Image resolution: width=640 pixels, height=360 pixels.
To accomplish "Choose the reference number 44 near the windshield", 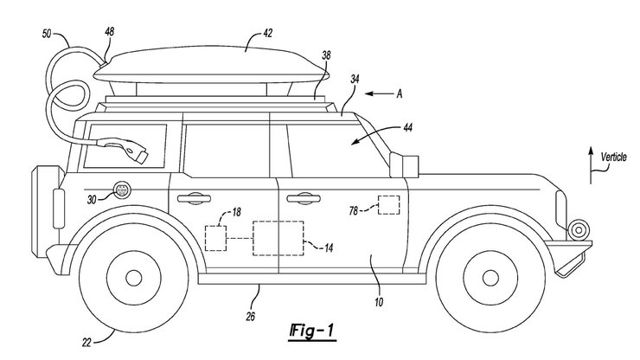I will click(407, 128).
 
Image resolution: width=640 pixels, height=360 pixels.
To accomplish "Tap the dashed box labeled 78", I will click(390, 205).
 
